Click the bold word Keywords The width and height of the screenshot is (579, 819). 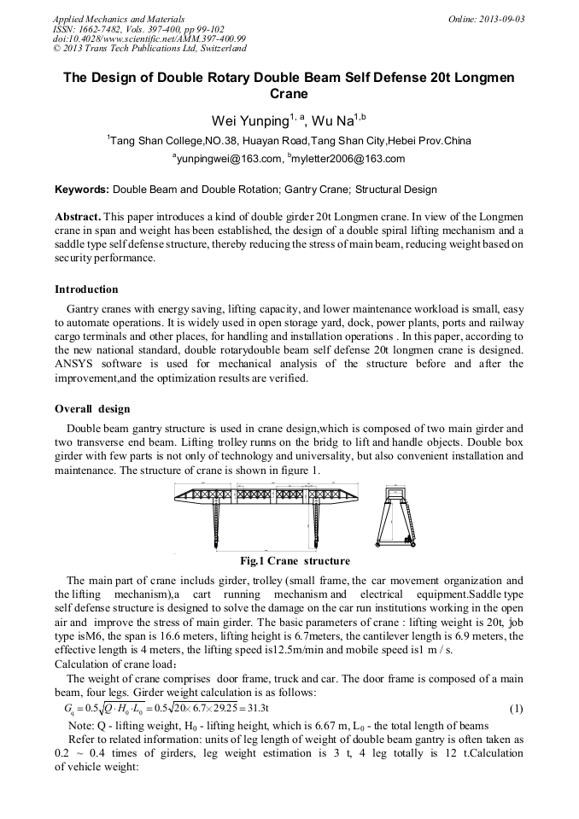click(x=82, y=190)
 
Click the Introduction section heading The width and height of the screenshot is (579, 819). click(x=86, y=290)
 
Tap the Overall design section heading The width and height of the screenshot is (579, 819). click(x=92, y=409)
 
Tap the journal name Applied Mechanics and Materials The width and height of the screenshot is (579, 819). click(x=108, y=18)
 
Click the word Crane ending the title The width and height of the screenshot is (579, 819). click(x=289, y=94)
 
